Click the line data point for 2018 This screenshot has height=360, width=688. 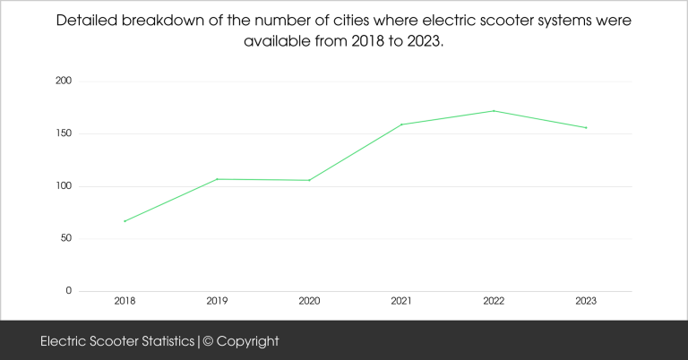[x=125, y=221]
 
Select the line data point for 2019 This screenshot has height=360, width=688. [x=217, y=179]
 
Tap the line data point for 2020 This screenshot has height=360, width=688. [x=309, y=180]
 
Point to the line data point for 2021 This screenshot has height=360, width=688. [x=401, y=124]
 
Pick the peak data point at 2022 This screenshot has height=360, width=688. [x=494, y=111]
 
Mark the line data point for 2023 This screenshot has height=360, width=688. [x=586, y=128]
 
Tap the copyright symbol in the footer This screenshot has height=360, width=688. [x=210, y=341]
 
